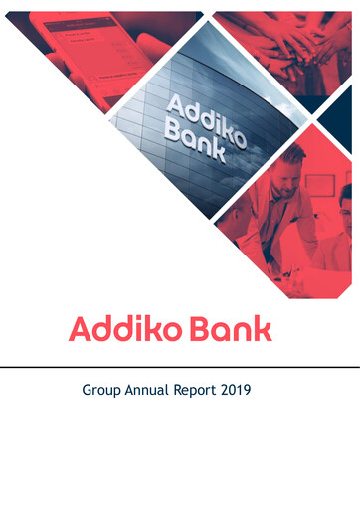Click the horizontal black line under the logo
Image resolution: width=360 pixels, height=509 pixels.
(180, 366)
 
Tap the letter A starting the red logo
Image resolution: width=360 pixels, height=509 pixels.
(80, 329)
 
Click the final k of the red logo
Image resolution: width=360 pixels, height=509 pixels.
(263, 329)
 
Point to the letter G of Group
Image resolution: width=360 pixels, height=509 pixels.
(88, 391)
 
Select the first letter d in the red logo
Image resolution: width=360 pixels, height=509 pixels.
(102, 329)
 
